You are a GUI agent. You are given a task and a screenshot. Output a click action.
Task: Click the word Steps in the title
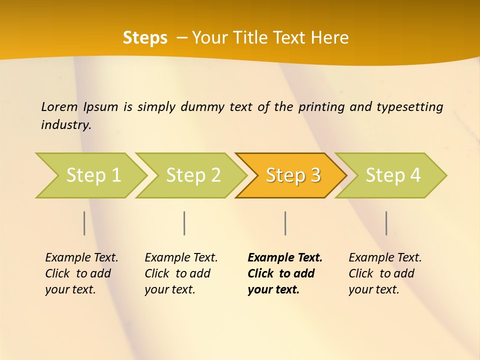145,38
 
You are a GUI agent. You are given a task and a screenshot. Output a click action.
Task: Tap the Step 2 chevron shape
192,175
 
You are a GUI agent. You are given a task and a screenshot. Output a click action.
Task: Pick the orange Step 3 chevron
292,175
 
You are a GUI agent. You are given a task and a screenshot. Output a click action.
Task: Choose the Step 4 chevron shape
392,175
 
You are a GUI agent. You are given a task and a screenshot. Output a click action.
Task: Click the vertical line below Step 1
84,223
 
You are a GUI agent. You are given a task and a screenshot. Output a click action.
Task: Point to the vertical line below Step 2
184,223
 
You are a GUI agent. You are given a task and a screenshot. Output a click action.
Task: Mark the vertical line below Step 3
285,223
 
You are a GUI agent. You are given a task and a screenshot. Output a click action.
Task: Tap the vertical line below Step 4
386,223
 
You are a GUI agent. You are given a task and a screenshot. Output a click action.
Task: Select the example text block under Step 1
81,273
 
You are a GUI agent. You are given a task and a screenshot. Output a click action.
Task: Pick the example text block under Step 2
181,273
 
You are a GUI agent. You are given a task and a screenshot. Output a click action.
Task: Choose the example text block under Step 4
385,273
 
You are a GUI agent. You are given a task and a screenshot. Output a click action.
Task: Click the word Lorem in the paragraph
59,107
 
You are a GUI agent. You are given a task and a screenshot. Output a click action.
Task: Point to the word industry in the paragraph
66,125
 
